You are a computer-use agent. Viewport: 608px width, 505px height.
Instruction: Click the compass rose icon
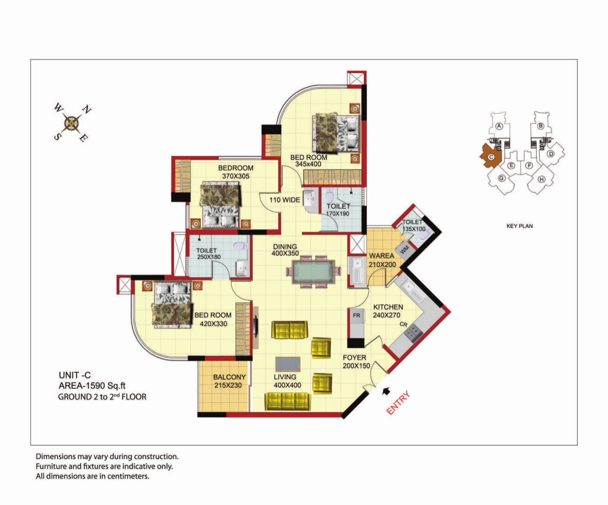pos(72,123)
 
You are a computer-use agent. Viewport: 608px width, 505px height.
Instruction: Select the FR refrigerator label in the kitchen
pos(356,316)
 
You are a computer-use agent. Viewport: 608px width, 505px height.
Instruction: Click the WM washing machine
pos(404,249)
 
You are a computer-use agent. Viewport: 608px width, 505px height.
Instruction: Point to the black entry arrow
pos(386,392)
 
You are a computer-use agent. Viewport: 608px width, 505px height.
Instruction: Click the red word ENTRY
pos(398,402)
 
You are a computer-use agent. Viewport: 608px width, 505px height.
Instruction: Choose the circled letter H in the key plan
pos(541,179)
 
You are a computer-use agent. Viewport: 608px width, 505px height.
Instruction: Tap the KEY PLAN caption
pos(520,226)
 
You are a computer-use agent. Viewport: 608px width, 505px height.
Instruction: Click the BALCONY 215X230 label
pos(229,381)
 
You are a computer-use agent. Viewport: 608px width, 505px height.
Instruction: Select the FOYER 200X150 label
pos(356,362)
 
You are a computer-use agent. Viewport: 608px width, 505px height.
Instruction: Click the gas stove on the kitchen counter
pos(413,333)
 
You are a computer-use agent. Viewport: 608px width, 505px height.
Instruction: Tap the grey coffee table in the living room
pos(288,364)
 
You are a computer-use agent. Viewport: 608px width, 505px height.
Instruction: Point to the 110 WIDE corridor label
pos(285,200)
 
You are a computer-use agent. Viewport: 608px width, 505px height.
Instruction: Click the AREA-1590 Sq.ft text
pos(92,386)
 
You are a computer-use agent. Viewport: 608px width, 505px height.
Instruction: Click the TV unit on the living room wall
pos(256,327)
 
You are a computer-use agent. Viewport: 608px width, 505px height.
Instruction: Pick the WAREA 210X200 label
pos(382,260)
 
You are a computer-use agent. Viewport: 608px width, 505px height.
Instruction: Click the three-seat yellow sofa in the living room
pos(288,402)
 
